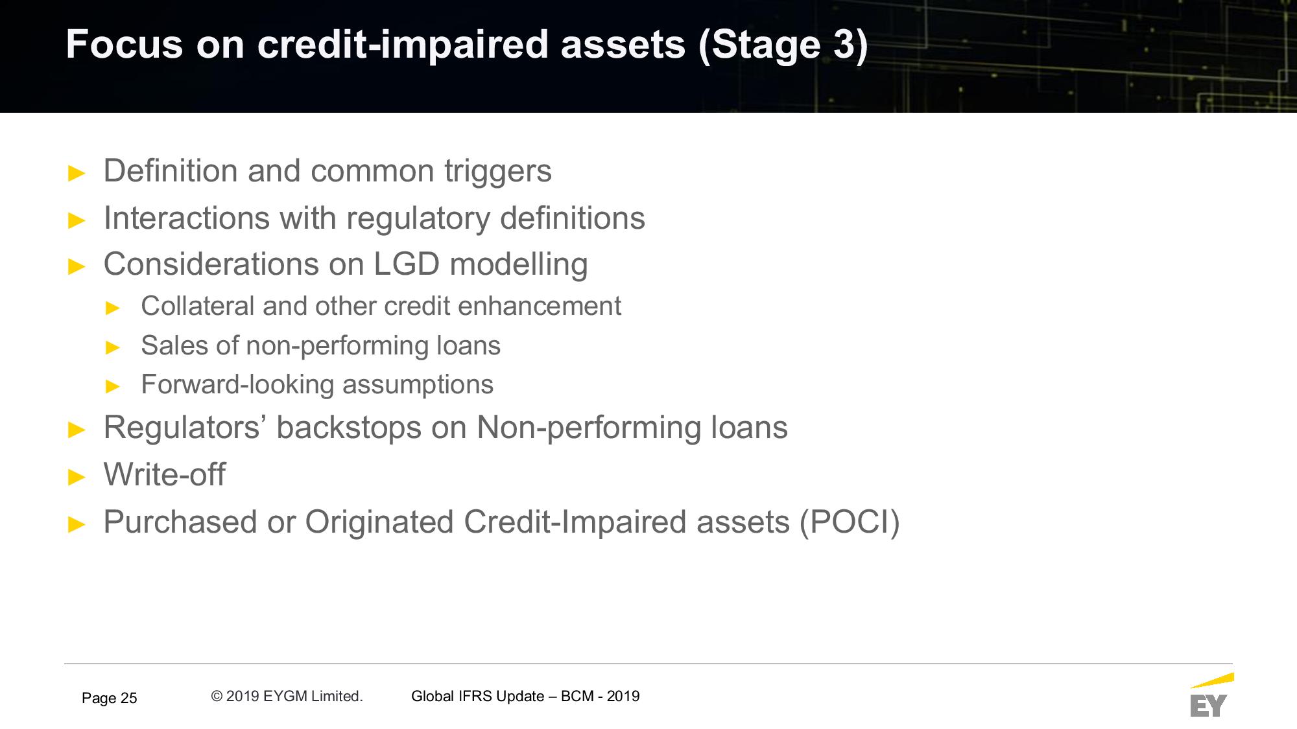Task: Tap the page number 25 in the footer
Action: [x=129, y=698]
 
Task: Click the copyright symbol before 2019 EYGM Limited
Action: [x=217, y=696]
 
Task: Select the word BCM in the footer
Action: [x=577, y=696]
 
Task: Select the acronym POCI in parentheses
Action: [x=850, y=522]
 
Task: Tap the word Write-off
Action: [x=165, y=474]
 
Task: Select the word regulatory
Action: [x=418, y=219]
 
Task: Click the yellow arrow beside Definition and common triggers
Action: [x=77, y=174]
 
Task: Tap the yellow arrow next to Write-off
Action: [x=77, y=478]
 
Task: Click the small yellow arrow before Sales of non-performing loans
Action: [x=113, y=348]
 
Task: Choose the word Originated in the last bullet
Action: [x=379, y=522]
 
